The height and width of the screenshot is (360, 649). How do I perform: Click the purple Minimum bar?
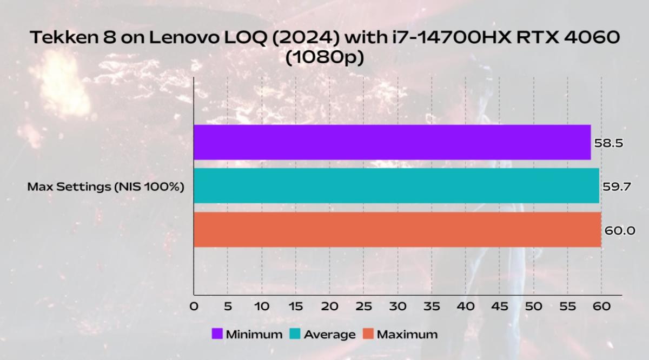click(x=392, y=142)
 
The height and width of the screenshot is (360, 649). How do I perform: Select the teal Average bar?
click(x=396, y=186)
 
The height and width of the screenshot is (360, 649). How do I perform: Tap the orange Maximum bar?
click(x=397, y=230)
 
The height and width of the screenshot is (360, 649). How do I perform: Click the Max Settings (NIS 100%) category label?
click(x=106, y=188)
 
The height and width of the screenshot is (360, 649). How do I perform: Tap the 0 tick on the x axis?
click(x=194, y=306)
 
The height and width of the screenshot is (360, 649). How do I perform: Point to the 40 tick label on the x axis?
click(x=466, y=306)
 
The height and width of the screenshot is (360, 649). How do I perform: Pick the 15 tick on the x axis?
click(x=296, y=306)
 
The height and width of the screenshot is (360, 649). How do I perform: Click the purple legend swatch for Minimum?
click(x=217, y=334)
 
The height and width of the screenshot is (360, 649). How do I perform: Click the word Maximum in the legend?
click(x=407, y=334)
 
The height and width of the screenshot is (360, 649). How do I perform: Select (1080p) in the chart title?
click(x=325, y=58)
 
